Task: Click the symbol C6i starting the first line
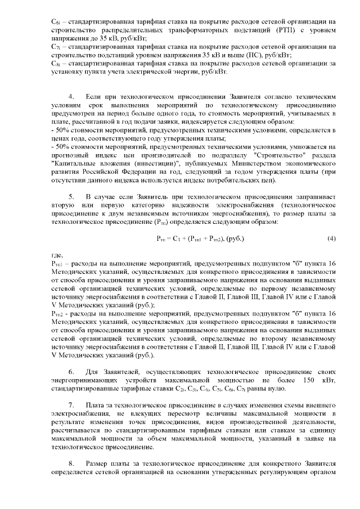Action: tap(55, 22)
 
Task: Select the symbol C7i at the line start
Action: tap(55, 47)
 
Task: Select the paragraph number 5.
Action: tap(71, 197)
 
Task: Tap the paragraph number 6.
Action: tap(71, 372)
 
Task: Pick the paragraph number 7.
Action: tap(71, 406)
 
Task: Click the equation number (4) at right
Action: tap(331, 238)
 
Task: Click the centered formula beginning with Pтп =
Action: tap(200, 238)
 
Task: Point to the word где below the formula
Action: tap(56, 255)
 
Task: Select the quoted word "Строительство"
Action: tap(276, 154)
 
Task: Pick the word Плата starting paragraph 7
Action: tap(95, 406)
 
